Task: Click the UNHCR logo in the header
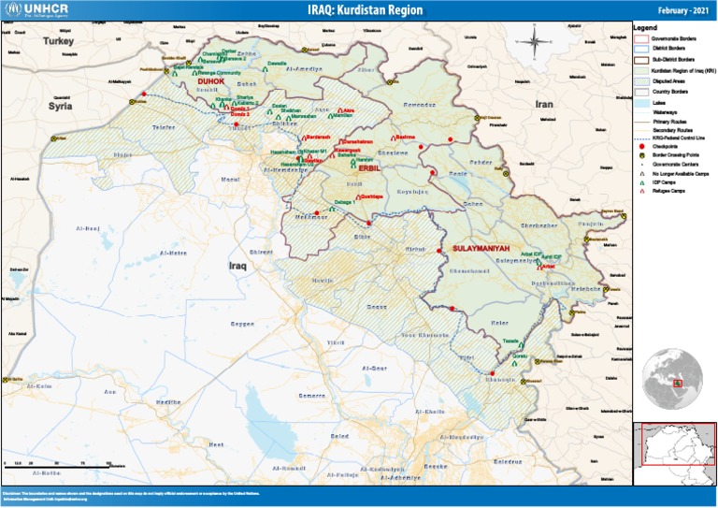(35, 10)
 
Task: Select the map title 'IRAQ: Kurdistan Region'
(364, 10)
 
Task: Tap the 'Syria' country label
(61, 107)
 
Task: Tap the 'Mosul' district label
(230, 178)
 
